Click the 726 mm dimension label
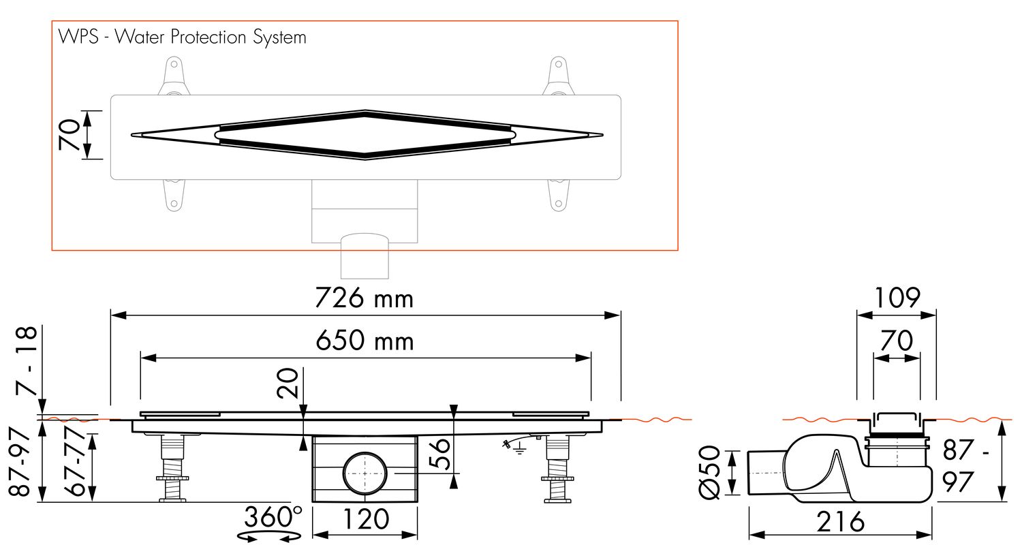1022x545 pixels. tap(364, 298)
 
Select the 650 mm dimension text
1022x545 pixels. tap(365, 341)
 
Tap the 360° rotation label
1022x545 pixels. tap(273, 516)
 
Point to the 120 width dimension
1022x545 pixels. tap(365, 519)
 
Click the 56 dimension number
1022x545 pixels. tap(440, 454)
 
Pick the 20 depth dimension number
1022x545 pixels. tap(288, 384)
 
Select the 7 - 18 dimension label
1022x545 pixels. tap(26, 361)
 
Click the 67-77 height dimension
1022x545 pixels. tap(74, 462)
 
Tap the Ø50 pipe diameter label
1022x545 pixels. tap(709, 472)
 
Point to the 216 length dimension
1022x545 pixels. tap(840, 523)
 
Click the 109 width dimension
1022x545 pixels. tap(897, 298)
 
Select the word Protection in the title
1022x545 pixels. tap(208, 37)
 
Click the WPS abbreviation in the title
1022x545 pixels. tap(78, 37)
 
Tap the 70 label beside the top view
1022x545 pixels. tap(69, 135)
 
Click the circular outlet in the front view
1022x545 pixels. tap(365, 473)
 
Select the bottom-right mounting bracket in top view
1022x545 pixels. tap(558, 196)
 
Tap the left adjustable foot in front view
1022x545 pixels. tap(172, 469)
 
